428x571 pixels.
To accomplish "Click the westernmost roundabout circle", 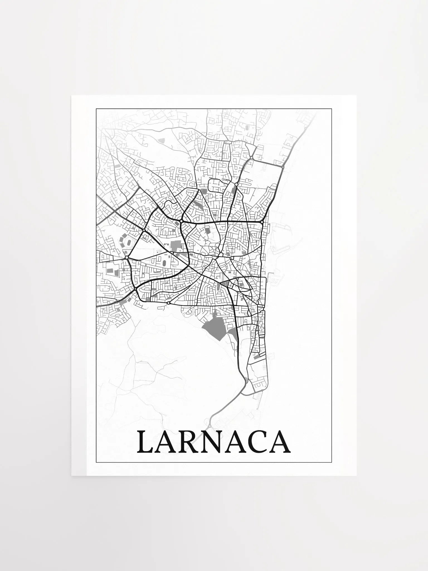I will pos(127,257).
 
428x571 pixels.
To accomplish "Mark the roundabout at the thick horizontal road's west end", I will pos(181,221).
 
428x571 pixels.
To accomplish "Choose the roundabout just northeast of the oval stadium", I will pos(144,230).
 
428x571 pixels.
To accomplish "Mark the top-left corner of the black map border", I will pos(96,108).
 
